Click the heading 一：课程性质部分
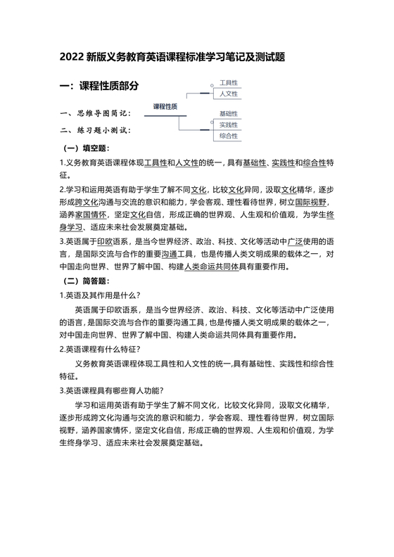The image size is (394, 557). pyautogui.click(x=99, y=86)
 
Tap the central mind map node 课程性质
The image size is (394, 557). pyautogui.click(x=165, y=106)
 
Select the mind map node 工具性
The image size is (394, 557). pyautogui.click(x=229, y=83)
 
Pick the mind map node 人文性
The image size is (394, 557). pyautogui.click(x=229, y=94)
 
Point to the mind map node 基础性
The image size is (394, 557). pyautogui.click(x=229, y=113)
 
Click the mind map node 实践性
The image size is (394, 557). pyautogui.click(x=229, y=124)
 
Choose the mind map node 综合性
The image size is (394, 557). pyautogui.click(x=229, y=136)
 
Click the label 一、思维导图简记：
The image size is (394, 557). pyautogui.click(x=95, y=113)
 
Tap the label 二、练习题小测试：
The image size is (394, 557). pyautogui.click(x=95, y=130)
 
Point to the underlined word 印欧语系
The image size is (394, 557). pyautogui.click(x=112, y=241)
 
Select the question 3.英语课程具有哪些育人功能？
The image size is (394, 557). pyautogui.click(x=112, y=391)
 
